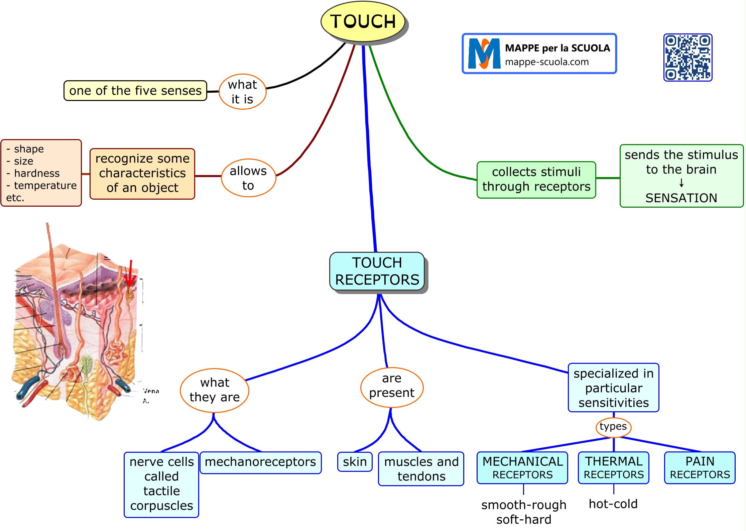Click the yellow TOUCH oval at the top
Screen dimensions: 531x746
[363, 22]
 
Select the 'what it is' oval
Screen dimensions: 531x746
[242, 92]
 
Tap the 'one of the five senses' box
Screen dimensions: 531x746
[135, 91]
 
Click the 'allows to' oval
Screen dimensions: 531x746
[248, 178]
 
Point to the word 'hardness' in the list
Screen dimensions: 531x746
[37, 173]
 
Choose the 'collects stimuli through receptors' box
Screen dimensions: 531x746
[536, 180]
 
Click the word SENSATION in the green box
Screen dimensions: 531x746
[681, 198]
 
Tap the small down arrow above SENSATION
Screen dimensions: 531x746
[681, 183]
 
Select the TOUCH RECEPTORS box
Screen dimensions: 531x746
[377, 271]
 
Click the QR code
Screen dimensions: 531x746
[688, 57]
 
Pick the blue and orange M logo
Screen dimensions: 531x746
[484, 54]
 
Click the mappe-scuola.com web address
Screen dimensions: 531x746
[547, 62]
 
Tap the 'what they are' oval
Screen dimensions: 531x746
[215, 390]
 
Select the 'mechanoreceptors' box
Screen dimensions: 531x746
[260, 462]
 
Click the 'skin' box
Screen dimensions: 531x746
[355, 462]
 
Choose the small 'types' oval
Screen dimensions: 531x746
[613, 427]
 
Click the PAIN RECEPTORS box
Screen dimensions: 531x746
[700, 467]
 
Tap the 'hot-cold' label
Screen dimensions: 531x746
[613, 504]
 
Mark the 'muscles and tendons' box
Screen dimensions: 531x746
[421, 468]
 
